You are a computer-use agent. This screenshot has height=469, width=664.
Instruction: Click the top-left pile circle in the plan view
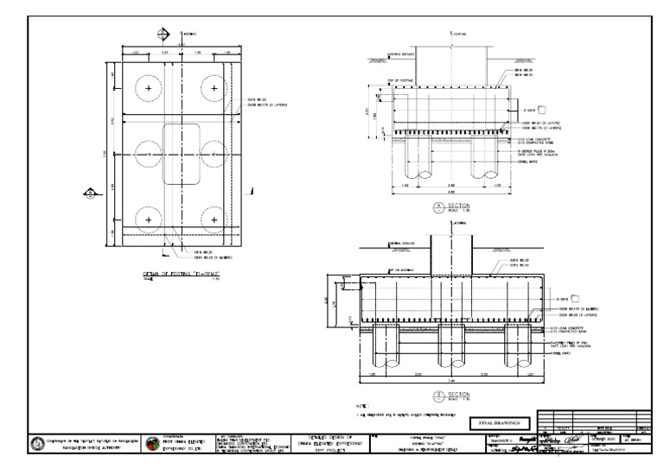point(149,89)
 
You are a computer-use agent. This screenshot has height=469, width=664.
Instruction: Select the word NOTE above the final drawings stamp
point(361,405)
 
